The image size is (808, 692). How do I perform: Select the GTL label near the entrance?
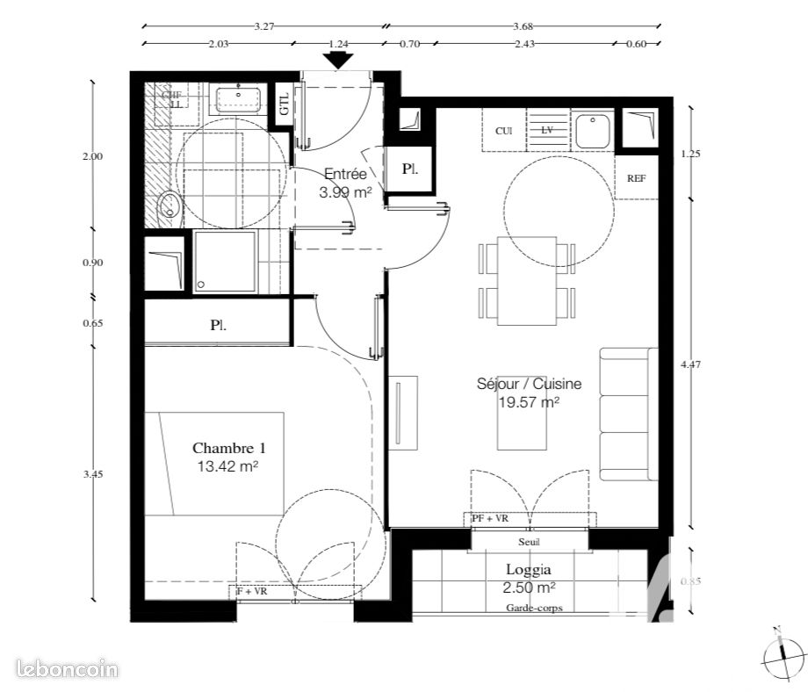(x=284, y=105)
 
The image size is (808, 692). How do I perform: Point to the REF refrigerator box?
(x=636, y=177)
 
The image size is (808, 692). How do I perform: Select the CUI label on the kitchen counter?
(x=503, y=131)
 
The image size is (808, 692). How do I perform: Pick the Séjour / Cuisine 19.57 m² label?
(x=518, y=393)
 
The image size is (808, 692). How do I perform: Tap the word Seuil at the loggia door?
(x=530, y=543)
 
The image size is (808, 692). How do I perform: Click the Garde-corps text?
(x=534, y=608)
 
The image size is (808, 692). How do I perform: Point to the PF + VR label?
(x=490, y=519)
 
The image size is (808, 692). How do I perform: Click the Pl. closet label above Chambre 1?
(x=219, y=325)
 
